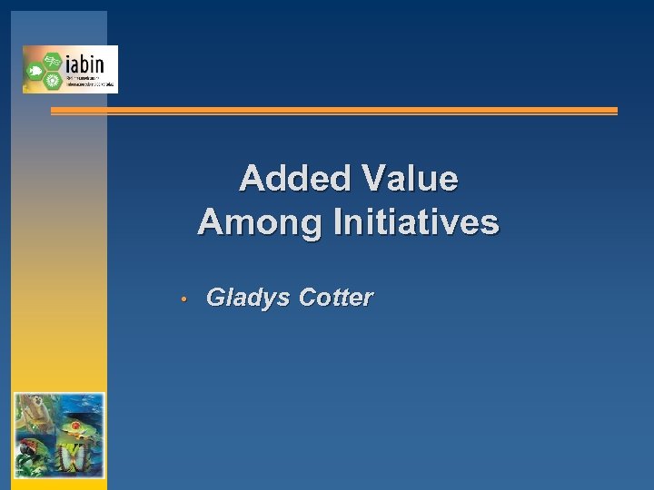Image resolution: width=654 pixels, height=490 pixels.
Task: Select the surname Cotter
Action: (x=335, y=298)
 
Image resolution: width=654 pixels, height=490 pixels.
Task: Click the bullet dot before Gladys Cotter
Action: (x=183, y=299)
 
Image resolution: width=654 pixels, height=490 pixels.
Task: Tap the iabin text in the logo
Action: (x=84, y=64)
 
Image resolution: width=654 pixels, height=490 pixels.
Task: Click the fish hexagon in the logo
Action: (x=35, y=70)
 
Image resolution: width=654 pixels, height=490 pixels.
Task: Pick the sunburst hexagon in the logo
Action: (x=53, y=80)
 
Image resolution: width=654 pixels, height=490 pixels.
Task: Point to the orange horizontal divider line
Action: (x=333, y=111)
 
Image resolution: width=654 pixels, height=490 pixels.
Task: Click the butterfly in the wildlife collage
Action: (x=72, y=458)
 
